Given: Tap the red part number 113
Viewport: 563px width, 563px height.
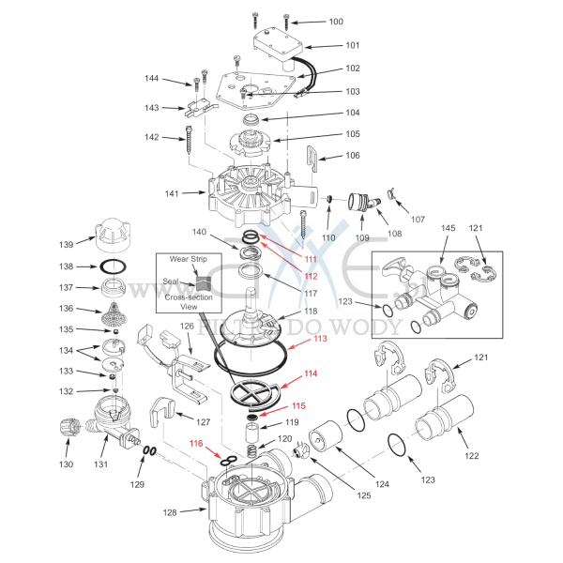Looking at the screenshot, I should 321,339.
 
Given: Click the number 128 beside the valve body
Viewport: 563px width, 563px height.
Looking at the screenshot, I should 169,511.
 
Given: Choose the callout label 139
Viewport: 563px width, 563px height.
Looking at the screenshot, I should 67,245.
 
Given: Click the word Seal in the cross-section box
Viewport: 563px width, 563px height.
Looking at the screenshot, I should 171,281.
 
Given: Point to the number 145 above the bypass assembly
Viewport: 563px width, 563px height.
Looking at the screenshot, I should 449,228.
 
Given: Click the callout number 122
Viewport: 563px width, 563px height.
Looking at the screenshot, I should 470,456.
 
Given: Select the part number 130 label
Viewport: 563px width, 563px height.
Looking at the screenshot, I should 67,464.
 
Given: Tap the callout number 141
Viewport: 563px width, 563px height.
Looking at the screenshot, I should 172,194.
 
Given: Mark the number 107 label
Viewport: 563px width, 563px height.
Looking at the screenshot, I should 418,221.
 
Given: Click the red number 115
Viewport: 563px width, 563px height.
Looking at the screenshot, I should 297,406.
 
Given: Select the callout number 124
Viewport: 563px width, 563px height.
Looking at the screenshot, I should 382,485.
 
